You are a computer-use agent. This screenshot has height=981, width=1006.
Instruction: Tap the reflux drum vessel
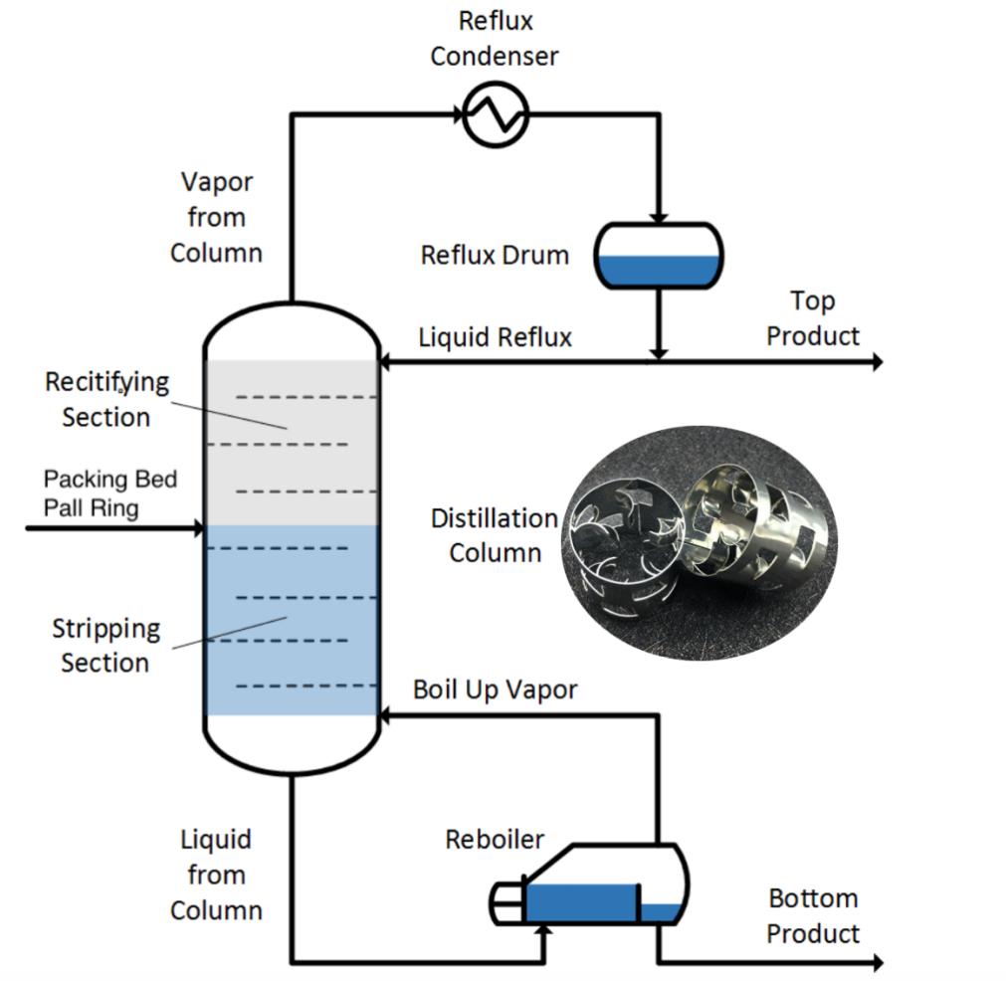[x=659, y=256]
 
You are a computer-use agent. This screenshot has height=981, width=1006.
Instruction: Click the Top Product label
[x=813, y=318]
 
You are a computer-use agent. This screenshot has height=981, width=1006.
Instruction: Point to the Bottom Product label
[x=813, y=915]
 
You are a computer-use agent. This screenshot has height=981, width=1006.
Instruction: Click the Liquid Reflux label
[x=495, y=337]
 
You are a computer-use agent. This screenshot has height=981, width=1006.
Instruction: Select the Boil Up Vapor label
[x=495, y=689]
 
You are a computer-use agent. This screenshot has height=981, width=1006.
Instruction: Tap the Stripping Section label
[x=105, y=646]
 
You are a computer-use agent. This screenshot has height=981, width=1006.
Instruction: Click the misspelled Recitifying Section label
[x=107, y=399]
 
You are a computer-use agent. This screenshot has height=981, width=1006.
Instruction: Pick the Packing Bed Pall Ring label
[x=110, y=493]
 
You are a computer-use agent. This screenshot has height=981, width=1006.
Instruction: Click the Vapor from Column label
[x=216, y=218]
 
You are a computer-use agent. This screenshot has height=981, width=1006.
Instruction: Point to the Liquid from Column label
[x=216, y=875]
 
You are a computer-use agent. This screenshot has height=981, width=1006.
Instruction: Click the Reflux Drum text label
[x=495, y=256]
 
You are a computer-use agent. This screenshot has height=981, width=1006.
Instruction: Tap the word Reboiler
[x=495, y=839]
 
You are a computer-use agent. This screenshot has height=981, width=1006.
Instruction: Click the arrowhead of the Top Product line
[x=877, y=362]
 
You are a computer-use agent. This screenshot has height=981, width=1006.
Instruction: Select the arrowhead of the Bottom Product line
[x=877, y=962]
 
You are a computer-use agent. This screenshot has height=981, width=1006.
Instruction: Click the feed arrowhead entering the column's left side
[x=198, y=528]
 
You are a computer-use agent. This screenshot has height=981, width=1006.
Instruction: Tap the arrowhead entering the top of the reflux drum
[x=659, y=218]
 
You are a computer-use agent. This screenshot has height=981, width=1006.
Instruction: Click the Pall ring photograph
[x=700, y=542]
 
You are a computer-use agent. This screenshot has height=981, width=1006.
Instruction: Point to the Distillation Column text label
[x=495, y=535]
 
